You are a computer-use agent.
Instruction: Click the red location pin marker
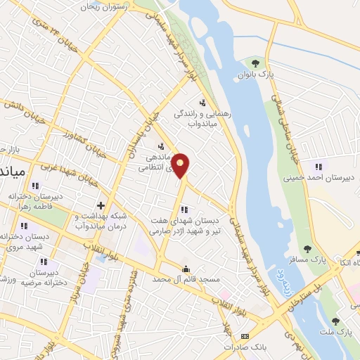pos(181,165)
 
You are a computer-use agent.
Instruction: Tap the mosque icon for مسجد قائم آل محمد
pos(186,269)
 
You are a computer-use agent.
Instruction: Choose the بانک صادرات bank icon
pos(245,337)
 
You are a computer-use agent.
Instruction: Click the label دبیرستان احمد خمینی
pos(316,178)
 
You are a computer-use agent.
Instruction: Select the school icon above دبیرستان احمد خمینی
pos(318,167)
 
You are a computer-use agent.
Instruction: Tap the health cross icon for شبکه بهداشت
pos(101,206)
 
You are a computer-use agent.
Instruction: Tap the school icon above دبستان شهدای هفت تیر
pos(184,209)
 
